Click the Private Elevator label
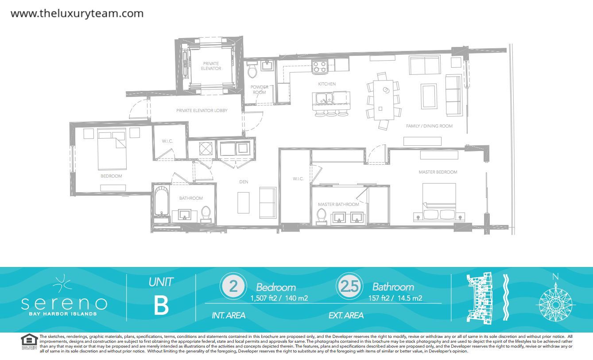tap(211, 66)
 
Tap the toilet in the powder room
tap(252, 70)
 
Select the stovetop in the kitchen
tap(320, 67)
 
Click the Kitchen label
tap(327, 84)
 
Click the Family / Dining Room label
tap(429, 126)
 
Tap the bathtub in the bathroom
tap(162, 201)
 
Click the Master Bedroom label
tap(438, 172)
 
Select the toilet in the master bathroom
tap(322, 216)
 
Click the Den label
tap(244, 182)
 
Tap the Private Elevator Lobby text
tap(202, 111)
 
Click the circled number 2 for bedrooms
tap(233, 286)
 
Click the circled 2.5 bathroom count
tap(349, 286)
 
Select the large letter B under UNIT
tap(161, 306)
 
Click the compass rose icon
tap(556, 304)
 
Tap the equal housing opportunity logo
tap(29, 341)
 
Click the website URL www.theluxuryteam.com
tap(77, 13)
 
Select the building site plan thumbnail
tap(480, 298)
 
